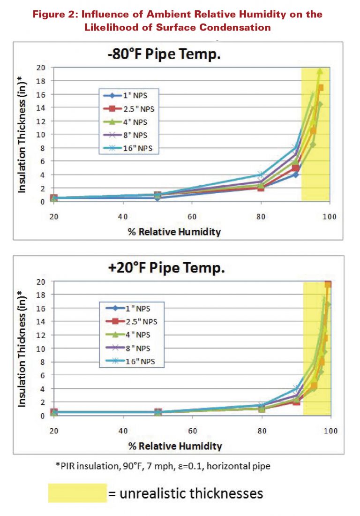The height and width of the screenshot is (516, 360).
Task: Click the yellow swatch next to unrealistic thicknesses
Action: (x=77, y=493)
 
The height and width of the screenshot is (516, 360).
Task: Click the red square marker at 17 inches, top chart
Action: (x=321, y=88)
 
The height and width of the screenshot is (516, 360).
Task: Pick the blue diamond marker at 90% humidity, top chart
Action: (x=296, y=175)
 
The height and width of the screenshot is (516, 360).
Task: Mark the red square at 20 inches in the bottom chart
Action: (x=328, y=284)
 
